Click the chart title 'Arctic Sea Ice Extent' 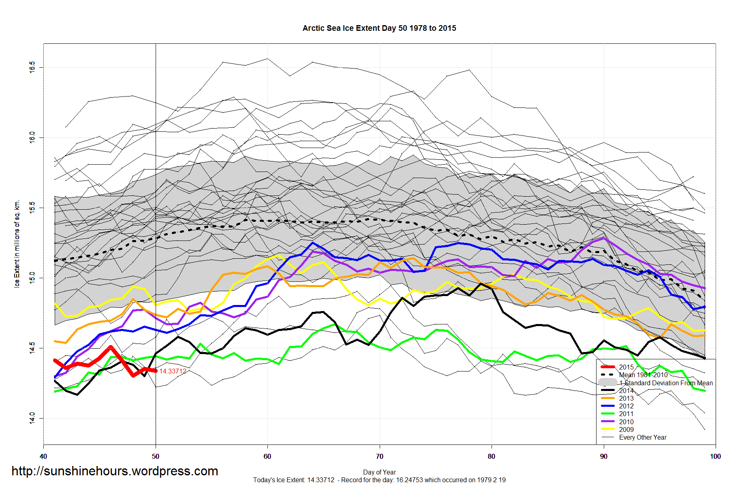pos(379,28)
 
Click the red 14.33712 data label pos(173,371)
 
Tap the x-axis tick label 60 pos(267,456)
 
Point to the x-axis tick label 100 pos(715,456)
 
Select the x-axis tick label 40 pos(43,456)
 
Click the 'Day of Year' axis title pos(379,472)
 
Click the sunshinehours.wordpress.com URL pos(115,471)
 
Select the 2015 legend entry pos(626,367)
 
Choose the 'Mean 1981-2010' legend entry pos(643,375)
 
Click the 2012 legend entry pos(626,406)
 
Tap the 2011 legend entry pos(626,414)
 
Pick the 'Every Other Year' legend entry pos(643,437)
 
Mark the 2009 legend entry pos(626,429)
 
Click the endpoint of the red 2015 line pos(156,371)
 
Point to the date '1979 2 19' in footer pos(492,480)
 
